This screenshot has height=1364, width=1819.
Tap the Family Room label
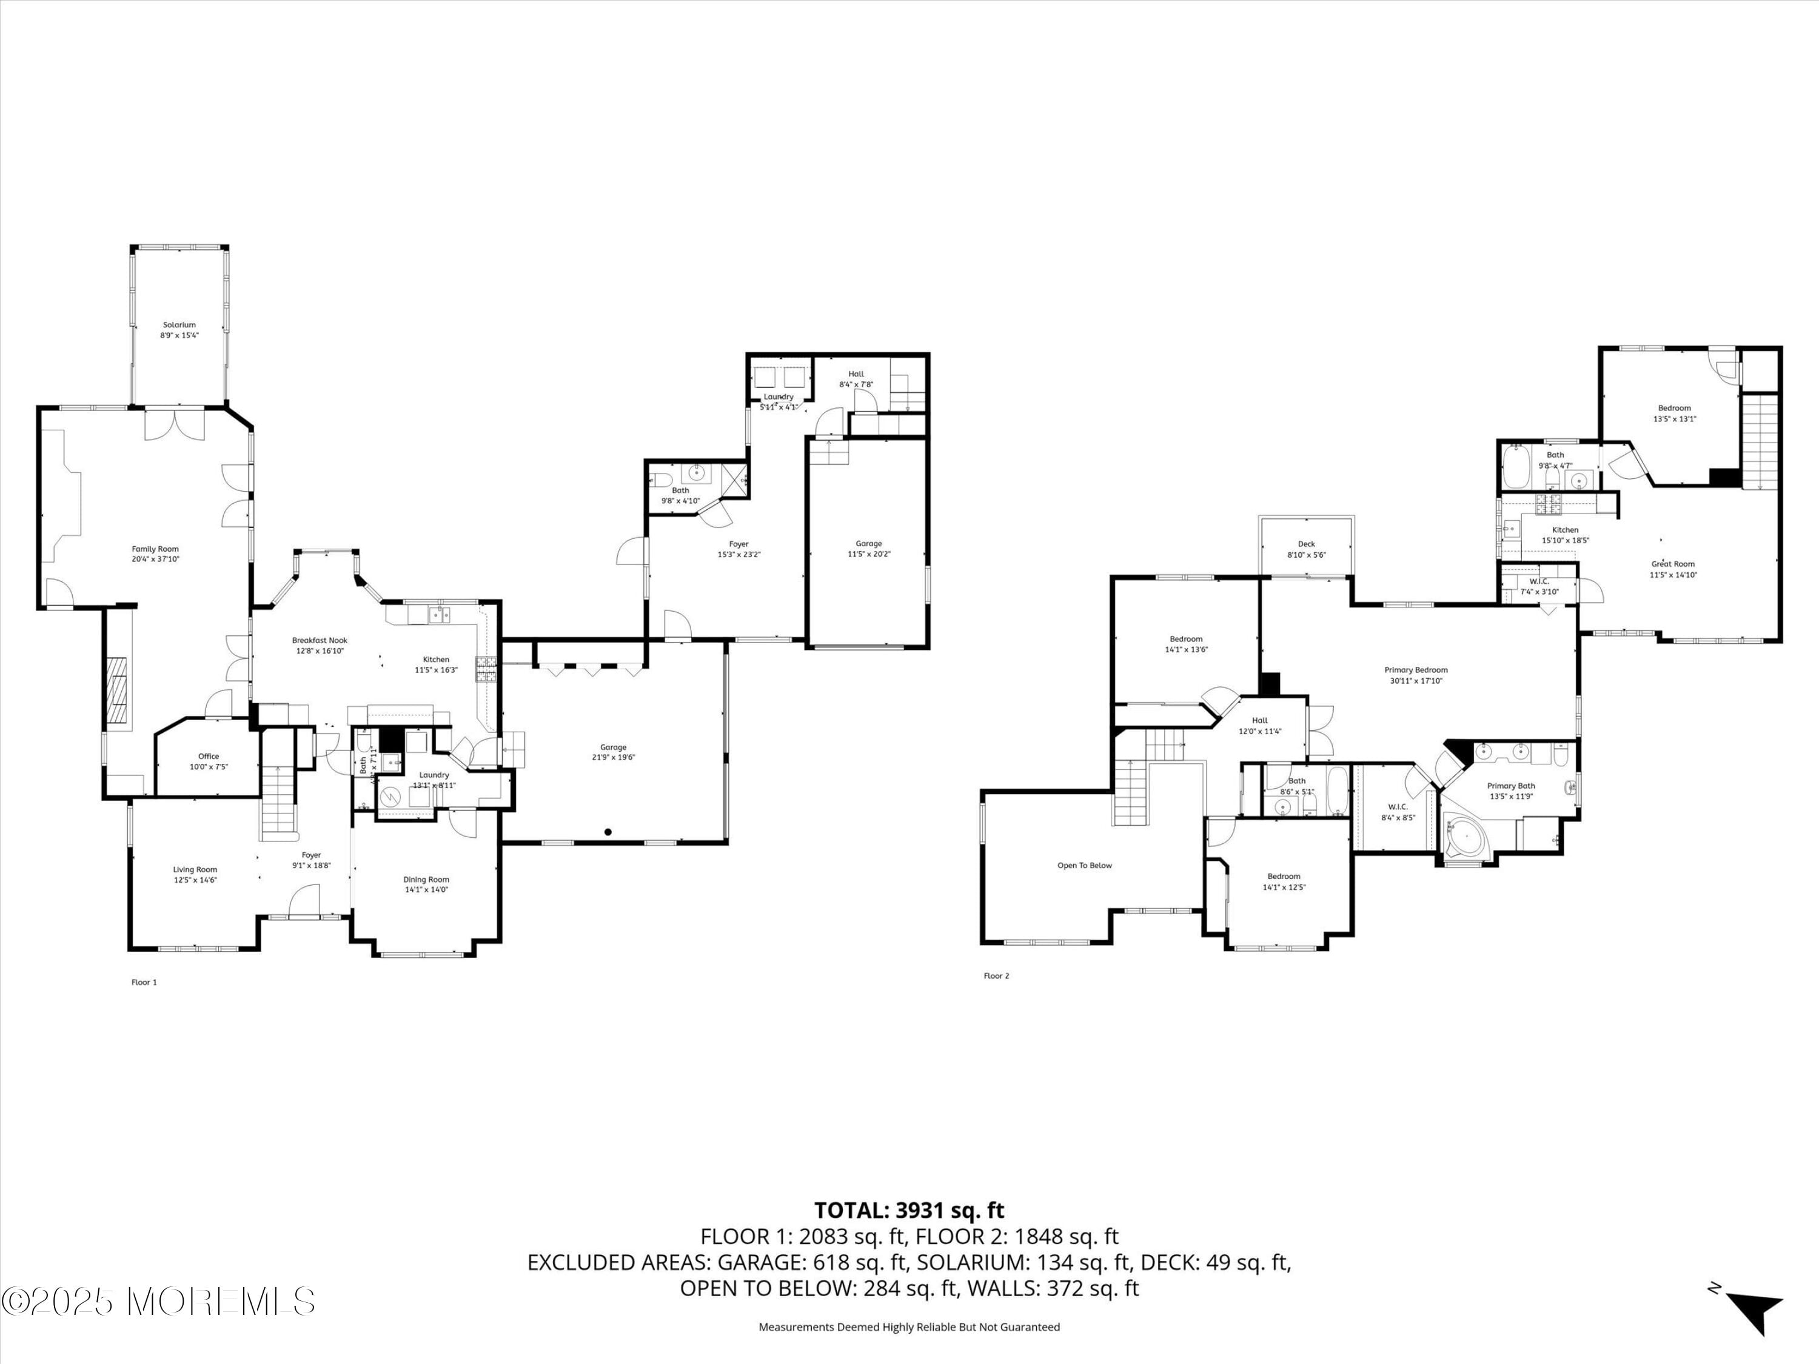(155, 549)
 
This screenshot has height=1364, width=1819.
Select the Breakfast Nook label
(320, 641)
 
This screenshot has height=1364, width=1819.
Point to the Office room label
(208, 757)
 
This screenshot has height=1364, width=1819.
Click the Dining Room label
(426, 880)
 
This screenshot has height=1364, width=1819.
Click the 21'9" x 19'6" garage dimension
(614, 758)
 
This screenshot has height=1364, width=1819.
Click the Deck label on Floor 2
(1306, 544)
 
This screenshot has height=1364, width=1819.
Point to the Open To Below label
(1084, 866)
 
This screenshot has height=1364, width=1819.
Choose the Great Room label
(1673, 564)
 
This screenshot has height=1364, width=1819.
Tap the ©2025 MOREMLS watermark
(158, 1302)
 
